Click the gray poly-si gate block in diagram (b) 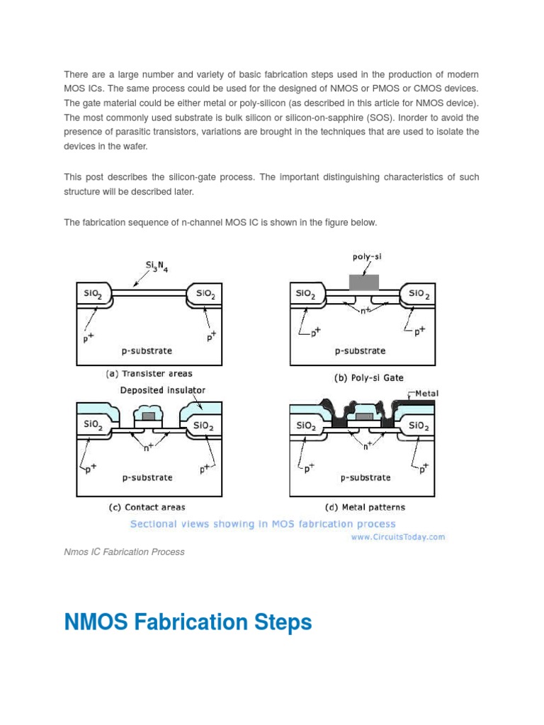364,282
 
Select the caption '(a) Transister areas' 149,374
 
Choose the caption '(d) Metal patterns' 365,507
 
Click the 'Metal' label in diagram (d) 425,394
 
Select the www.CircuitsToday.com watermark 397,537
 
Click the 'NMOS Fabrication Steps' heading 188,622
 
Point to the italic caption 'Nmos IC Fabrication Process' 124,552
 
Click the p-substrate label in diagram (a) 147,350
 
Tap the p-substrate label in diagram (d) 365,477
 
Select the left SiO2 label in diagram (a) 93,293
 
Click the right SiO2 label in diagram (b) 418,293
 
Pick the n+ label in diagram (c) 149,447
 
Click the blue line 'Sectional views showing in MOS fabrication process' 262,524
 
